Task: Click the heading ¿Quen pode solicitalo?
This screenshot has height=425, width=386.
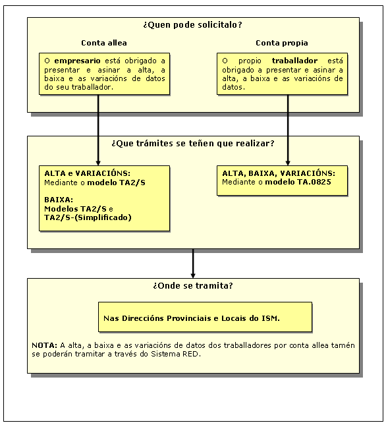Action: [x=192, y=25]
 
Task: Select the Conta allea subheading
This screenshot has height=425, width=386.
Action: [x=104, y=43]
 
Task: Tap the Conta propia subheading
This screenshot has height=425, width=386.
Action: [x=282, y=43]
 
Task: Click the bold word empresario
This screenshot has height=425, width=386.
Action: [x=77, y=61]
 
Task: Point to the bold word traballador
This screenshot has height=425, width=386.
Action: [x=294, y=61]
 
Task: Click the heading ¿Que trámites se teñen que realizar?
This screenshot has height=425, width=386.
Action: [x=193, y=144]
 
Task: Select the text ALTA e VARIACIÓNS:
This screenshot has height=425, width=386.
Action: [x=87, y=173]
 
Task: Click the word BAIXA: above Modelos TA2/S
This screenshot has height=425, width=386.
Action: [x=59, y=200]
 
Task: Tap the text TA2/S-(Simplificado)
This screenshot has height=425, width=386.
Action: [x=88, y=217]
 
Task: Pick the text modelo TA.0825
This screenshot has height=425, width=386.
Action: [x=298, y=182]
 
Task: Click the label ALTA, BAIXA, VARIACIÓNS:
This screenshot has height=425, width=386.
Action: [x=279, y=173]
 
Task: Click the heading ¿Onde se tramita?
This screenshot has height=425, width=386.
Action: [x=193, y=286]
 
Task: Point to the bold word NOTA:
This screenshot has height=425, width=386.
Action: [x=44, y=345]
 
